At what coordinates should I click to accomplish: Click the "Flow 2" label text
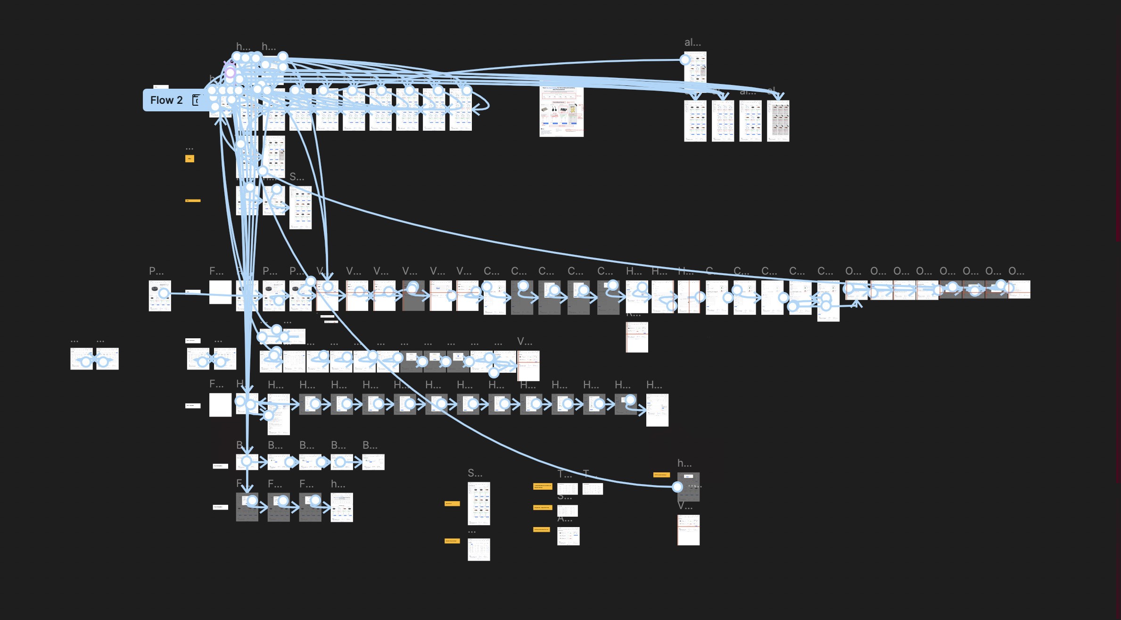[166, 100]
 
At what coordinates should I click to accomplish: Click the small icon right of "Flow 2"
[196, 100]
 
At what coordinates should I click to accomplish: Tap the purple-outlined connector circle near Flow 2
[230, 73]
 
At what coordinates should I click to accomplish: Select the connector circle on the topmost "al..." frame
[685, 60]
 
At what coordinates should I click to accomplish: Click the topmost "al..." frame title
[692, 42]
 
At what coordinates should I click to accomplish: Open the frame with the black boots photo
[561, 112]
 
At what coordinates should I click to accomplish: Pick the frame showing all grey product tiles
[778, 121]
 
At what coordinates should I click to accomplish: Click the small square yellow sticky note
[190, 159]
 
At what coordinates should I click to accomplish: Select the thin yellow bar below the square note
[193, 201]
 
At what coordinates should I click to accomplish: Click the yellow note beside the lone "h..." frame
[661, 475]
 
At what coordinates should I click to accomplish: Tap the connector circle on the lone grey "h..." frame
[677, 486]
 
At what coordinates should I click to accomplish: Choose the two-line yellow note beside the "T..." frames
[542, 486]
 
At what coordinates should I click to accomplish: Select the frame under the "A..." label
[568, 536]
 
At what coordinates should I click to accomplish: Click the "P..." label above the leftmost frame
[156, 271]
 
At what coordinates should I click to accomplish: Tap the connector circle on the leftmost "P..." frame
[164, 293]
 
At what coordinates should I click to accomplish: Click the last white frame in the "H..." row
[657, 410]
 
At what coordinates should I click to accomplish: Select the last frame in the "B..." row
[373, 462]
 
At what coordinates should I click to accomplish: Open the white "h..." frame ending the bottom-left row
[342, 507]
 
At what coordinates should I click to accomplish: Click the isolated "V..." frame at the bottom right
[688, 530]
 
